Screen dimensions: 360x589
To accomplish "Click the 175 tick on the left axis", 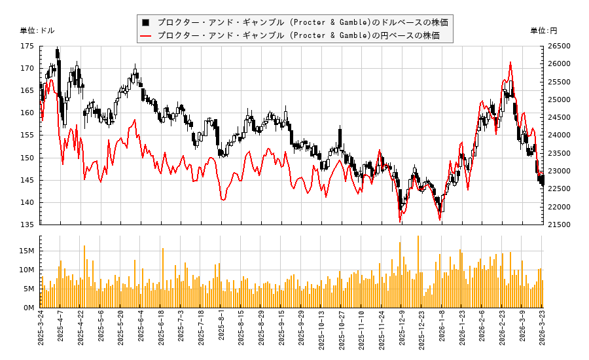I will tap(27, 46).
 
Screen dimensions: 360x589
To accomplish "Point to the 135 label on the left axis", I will tap(27, 225).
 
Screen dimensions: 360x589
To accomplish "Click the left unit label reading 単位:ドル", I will tap(37, 31).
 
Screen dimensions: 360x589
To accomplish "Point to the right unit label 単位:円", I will tap(543, 31).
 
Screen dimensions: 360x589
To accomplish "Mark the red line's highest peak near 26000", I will tap(510, 62).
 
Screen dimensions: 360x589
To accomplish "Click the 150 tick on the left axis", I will tap(27, 158).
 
